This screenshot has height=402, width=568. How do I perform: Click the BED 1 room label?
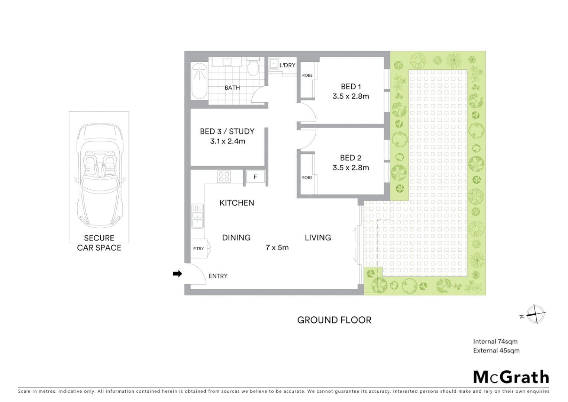(351, 87)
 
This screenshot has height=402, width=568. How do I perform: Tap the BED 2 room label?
(351, 158)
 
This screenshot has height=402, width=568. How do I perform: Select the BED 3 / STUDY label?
(227, 131)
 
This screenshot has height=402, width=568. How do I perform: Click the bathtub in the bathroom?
(199, 81)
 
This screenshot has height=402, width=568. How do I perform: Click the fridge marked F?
(255, 177)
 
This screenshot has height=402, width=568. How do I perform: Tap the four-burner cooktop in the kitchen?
(224, 176)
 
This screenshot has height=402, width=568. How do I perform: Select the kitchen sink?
(197, 216)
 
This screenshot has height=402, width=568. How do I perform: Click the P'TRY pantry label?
(199, 249)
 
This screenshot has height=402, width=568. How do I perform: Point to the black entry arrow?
(177, 274)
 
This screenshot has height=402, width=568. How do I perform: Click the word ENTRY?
(218, 276)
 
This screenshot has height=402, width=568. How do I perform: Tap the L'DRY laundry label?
(287, 65)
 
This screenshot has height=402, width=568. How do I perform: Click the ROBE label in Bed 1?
(307, 76)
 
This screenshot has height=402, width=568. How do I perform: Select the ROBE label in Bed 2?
(307, 178)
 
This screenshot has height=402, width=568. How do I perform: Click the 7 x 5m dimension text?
(277, 248)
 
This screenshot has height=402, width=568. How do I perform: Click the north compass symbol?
(535, 314)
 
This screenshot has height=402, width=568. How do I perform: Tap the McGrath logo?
(511, 377)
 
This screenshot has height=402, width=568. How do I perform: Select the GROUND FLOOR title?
(334, 320)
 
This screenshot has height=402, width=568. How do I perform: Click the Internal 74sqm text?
(495, 341)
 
